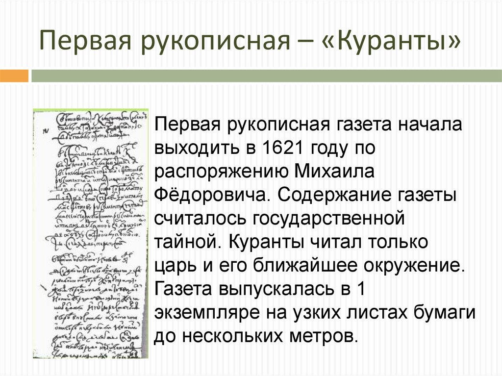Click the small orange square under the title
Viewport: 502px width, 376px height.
[14, 75]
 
